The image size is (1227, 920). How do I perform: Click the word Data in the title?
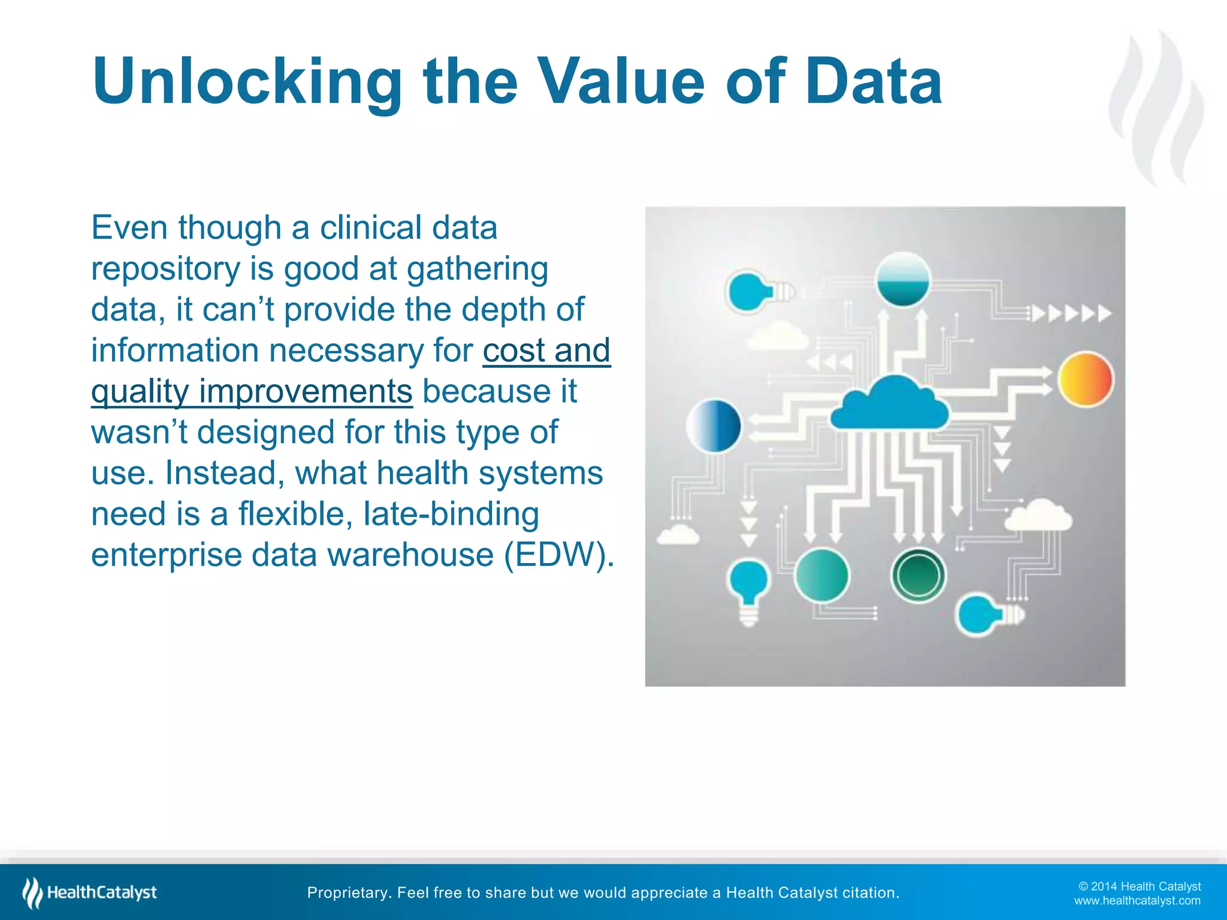(873, 82)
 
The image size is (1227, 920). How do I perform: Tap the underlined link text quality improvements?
(252, 392)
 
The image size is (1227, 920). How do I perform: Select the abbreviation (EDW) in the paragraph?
(558, 555)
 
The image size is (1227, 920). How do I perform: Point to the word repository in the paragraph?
(165, 268)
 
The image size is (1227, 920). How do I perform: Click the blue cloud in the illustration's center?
(890, 405)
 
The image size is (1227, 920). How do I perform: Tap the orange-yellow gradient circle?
(1085, 379)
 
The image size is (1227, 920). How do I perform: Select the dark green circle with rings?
(918, 576)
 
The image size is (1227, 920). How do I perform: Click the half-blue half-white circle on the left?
(714, 426)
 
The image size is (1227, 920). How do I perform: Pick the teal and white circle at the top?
(903, 279)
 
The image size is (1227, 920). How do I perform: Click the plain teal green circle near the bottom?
(821, 576)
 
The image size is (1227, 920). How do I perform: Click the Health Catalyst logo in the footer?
(90, 892)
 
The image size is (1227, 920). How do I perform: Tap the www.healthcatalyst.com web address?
(1137, 901)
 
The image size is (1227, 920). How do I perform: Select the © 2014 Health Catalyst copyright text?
(1139, 886)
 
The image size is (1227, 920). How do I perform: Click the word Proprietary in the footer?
(348, 893)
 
